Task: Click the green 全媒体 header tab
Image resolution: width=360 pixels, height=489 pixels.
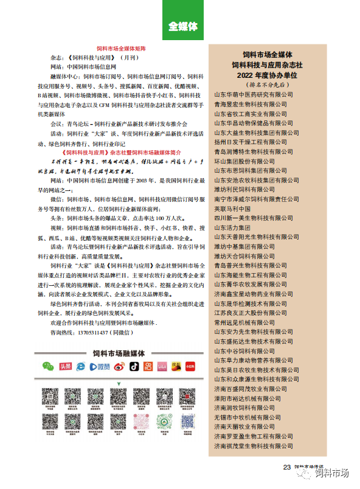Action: pos(183,26)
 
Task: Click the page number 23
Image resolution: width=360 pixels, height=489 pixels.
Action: pos(286,467)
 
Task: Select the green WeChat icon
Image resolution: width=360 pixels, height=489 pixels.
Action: pos(48,366)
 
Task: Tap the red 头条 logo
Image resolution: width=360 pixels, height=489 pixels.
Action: pos(65,366)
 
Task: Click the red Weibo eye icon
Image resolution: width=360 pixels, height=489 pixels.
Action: pos(116,366)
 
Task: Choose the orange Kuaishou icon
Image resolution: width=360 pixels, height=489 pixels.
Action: pos(148,366)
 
